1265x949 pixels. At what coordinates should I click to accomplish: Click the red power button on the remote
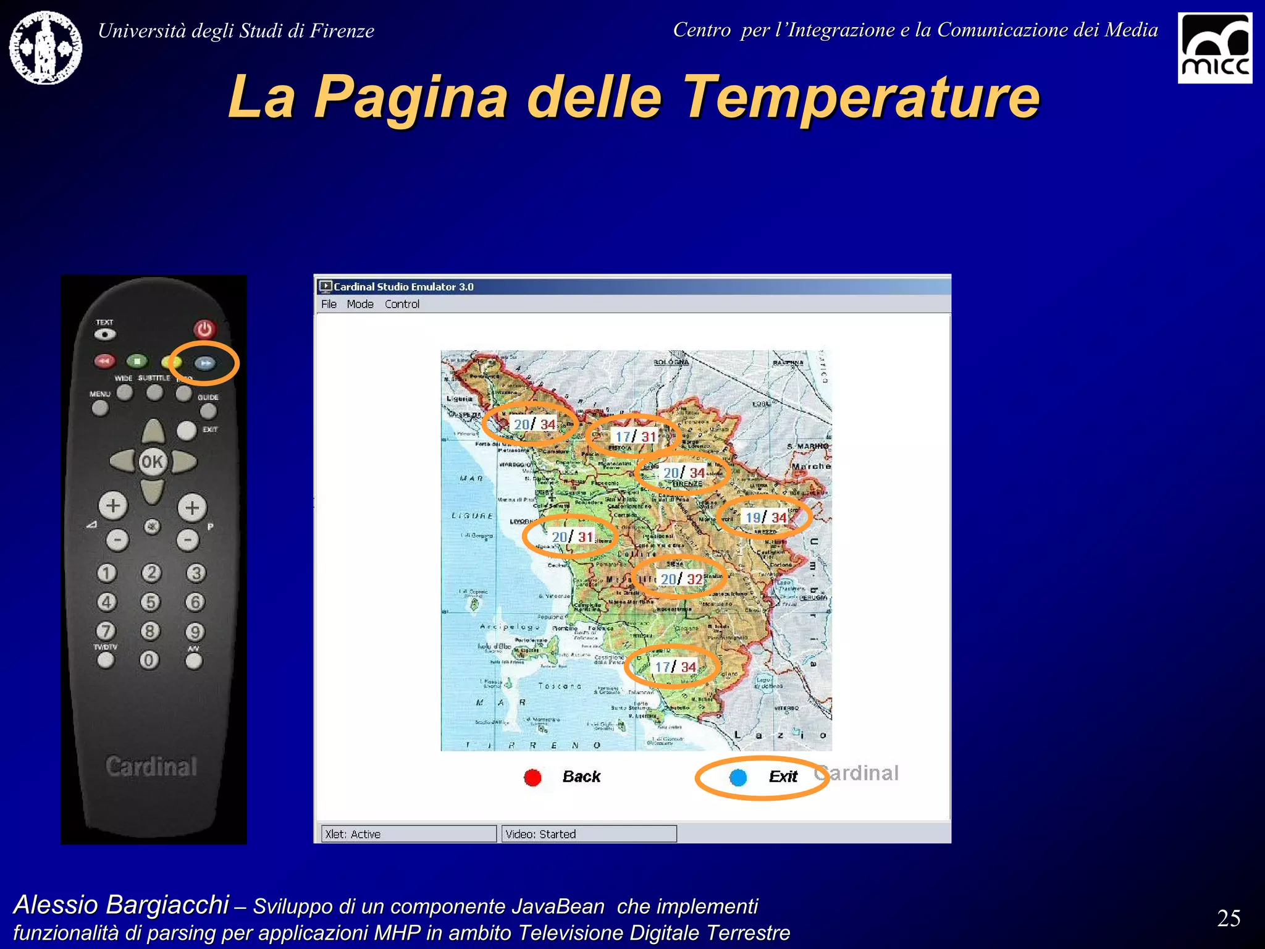(x=204, y=329)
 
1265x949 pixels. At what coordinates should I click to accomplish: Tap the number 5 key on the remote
(x=150, y=602)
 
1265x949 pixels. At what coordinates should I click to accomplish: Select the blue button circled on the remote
(x=206, y=363)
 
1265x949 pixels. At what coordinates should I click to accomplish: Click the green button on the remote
(x=137, y=361)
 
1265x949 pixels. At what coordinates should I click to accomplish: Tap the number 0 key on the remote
(x=149, y=660)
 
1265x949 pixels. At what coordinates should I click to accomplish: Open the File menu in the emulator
(x=329, y=304)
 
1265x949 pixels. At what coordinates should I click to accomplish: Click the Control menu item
(x=401, y=304)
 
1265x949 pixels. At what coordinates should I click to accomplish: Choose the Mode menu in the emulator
(x=360, y=304)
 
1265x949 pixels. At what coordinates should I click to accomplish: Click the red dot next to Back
(x=532, y=777)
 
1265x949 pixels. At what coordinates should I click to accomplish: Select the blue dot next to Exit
(x=738, y=777)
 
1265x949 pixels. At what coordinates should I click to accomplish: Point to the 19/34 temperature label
(x=766, y=517)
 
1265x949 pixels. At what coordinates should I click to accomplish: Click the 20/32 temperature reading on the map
(x=681, y=579)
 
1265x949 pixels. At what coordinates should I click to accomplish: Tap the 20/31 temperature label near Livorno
(x=573, y=537)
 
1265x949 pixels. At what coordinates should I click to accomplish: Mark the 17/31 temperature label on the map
(x=635, y=436)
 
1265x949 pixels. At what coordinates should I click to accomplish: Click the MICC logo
(x=1214, y=48)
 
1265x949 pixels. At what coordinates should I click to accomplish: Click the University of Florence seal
(x=46, y=48)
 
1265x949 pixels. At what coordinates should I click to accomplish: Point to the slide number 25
(x=1229, y=918)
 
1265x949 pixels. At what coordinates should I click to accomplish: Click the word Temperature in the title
(x=862, y=97)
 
